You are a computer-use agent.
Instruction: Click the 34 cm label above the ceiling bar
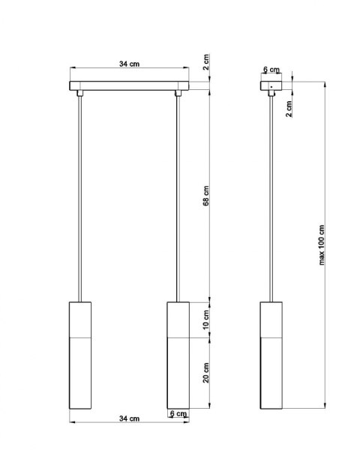pyautogui.click(x=128, y=64)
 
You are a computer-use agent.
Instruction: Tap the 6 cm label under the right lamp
pyautogui.click(x=178, y=414)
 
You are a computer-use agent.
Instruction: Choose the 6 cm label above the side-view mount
pyautogui.click(x=270, y=70)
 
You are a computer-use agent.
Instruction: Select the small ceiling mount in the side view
pyautogui.click(x=271, y=87)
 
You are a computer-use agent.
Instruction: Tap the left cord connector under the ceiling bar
pyautogui.click(x=79, y=94)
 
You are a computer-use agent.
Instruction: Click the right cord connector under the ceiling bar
pyautogui.click(x=178, y=94)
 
